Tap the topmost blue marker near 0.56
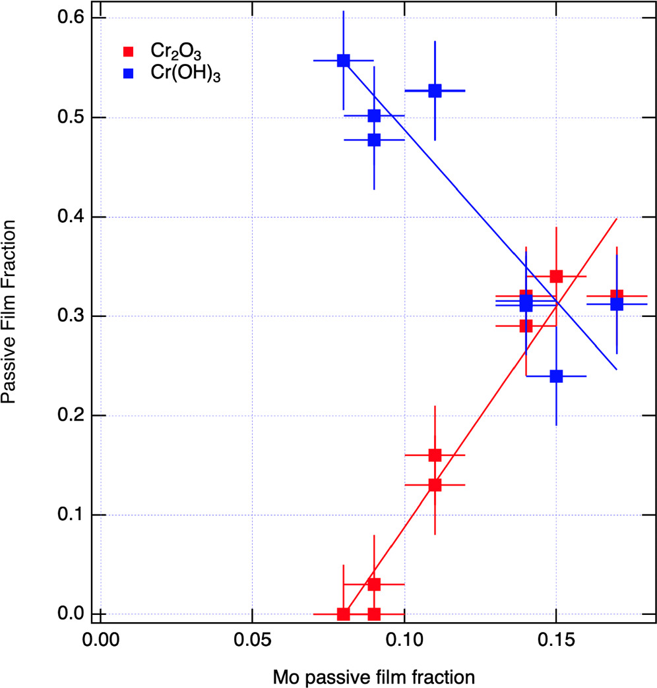[343, 61]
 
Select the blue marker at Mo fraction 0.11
[435, 91]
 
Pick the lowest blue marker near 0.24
[556, 376]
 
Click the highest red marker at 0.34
[556, 276]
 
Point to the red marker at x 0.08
[343, 614]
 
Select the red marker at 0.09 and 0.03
[374, 584]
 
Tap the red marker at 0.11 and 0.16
[435, 455]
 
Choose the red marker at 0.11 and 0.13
[435, 484]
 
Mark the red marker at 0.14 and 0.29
[526, 326]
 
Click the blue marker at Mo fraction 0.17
[617, 304]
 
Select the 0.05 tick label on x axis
[252, 639]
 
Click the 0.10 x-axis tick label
[404, 639]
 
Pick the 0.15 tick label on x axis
[556, 639]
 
